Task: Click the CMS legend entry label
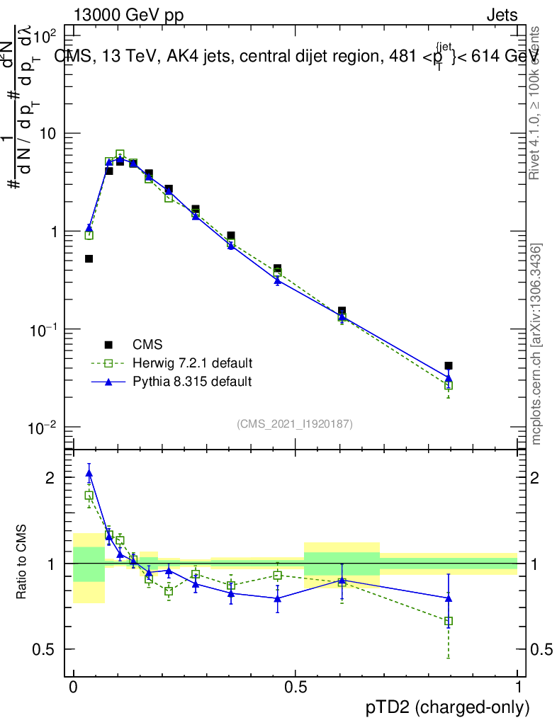(x=147, y=345)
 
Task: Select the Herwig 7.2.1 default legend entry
(x=192, y=363)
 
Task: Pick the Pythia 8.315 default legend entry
(x=192, y=382)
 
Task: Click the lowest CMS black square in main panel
(x=449, y=366)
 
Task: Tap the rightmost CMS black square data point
(x=449, y=366)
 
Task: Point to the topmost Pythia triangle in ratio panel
(x=89, y=473)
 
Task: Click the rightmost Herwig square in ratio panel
(x=449, y=621)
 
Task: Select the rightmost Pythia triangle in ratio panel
(x=449, y=598)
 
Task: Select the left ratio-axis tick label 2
(x=50, y=478)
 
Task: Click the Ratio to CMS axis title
(x=23, y=563)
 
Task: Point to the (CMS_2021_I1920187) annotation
(x=295, y=423)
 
